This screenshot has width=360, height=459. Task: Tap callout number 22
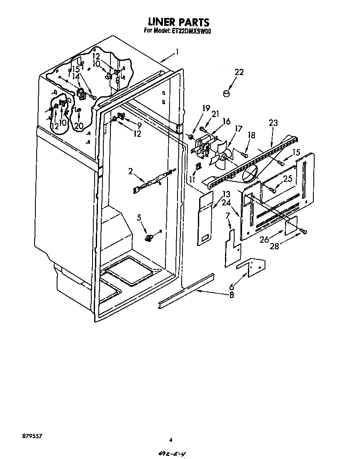(238, 72)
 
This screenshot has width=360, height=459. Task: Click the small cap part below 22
(227, 94)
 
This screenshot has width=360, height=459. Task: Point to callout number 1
(177, 52)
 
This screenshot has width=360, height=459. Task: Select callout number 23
(273, 123)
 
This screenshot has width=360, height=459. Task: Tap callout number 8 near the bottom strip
(231, 295)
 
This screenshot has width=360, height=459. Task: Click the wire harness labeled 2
(152, 181)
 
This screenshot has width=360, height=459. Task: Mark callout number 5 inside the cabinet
(139, 217)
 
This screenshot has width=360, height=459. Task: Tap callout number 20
(79, 125)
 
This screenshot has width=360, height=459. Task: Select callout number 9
(139, 125)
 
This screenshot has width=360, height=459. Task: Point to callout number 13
(226, 194)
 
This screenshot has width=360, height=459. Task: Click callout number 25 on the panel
(287, 179)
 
